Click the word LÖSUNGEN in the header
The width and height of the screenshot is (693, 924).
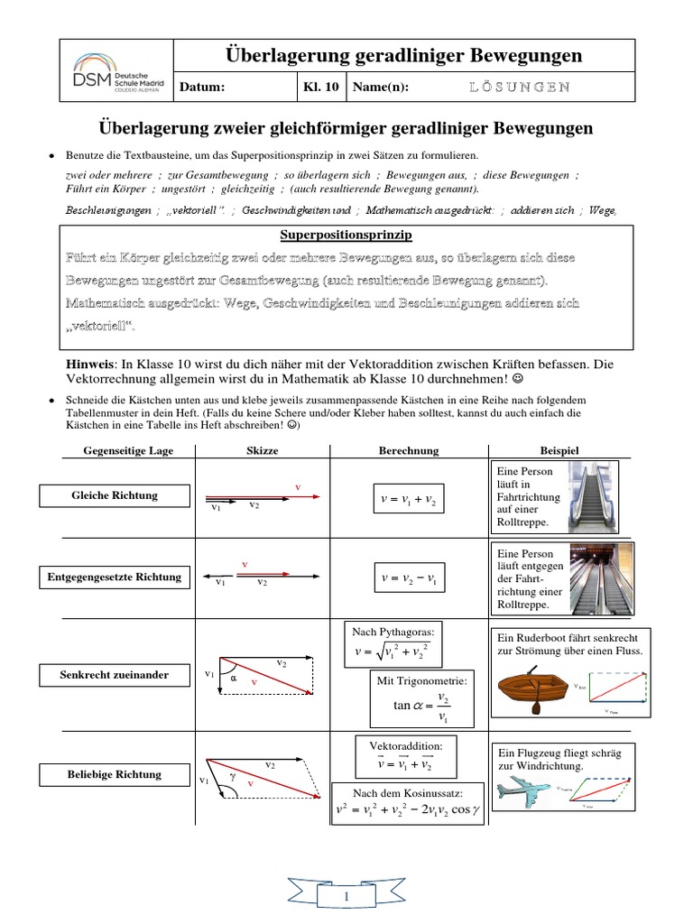click(519, 87)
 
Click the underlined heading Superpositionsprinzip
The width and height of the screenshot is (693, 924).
click(346, 235)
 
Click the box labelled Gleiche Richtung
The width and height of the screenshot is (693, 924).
click(115, 495)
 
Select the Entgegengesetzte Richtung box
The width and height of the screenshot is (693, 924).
click(115, 577)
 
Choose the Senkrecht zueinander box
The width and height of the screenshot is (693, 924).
click(115, 675)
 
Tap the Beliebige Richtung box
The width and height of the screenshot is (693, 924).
click(115, 774)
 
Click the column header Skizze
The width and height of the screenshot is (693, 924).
click(262, 450)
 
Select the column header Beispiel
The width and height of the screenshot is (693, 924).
click(559, 450)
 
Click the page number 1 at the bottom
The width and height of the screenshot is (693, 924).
click(346, 898)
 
